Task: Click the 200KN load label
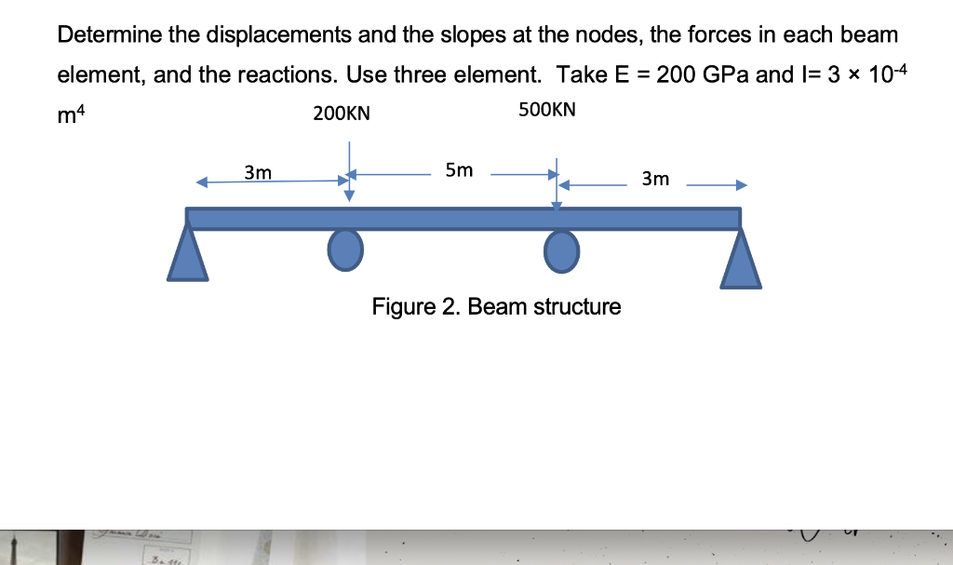[342, 114]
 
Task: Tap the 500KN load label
[547, 110]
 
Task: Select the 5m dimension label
[459, 169]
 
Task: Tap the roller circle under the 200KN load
[345, 249]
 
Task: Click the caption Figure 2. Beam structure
[496, 306]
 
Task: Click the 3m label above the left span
[258, 172]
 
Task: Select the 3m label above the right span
[655, 178]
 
